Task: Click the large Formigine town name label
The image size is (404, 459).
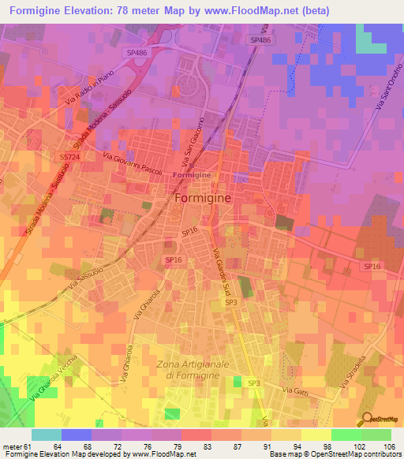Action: pyautogui.click(x=202, y=199)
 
